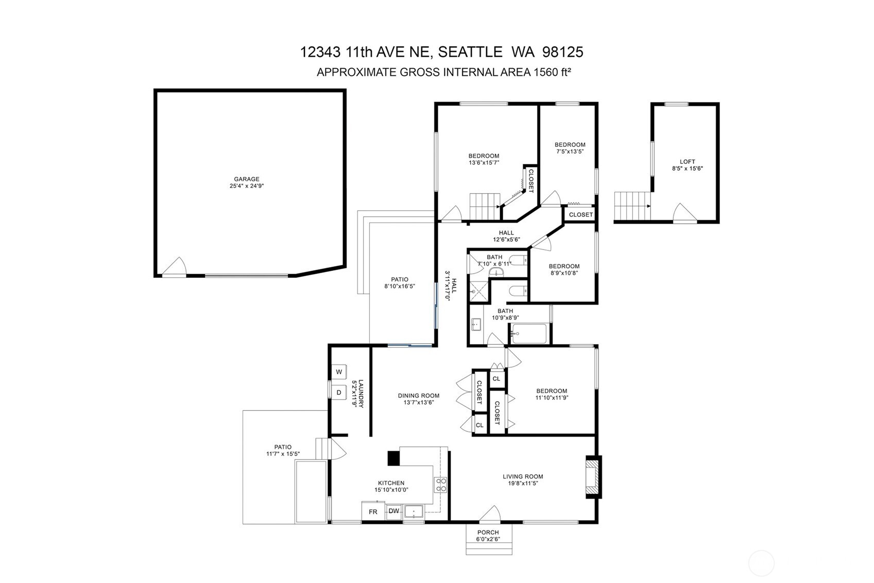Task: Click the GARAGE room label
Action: (x=247, y=179)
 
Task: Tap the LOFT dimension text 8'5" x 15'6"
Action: (x=687, y=169)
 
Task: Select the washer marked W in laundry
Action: (x=339, y=372)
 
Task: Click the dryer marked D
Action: (x=339, y=392)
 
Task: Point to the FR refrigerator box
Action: (x=373, y=512)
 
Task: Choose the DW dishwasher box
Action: (x=393, y=511)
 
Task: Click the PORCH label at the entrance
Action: (x=488, y=532)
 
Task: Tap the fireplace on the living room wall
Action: (x=593, y=477)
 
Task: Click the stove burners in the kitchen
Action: (x=441, y=485)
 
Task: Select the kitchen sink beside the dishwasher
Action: (x=414, y=512)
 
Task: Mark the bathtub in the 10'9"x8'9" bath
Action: (x=529, y=334)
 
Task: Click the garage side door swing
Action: (x=176, y=267)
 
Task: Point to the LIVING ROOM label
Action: (x=523, y=476)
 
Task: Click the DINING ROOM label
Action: (x=418, y=396)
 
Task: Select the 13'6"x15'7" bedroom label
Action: (x=484, y=156)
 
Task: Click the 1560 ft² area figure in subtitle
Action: (x=551, y=73)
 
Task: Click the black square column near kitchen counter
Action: (x=393, y=458)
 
